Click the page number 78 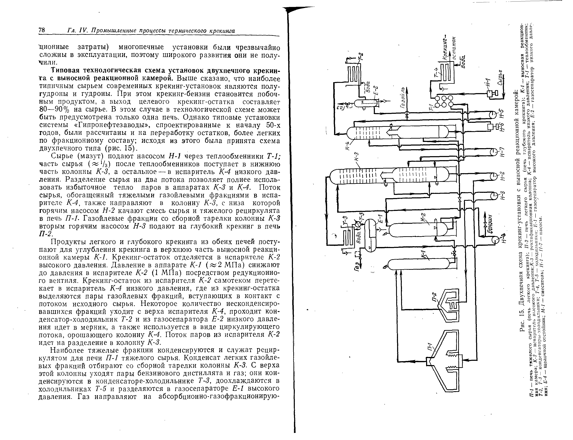pos(42,30)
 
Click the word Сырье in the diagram pos(500,78)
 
